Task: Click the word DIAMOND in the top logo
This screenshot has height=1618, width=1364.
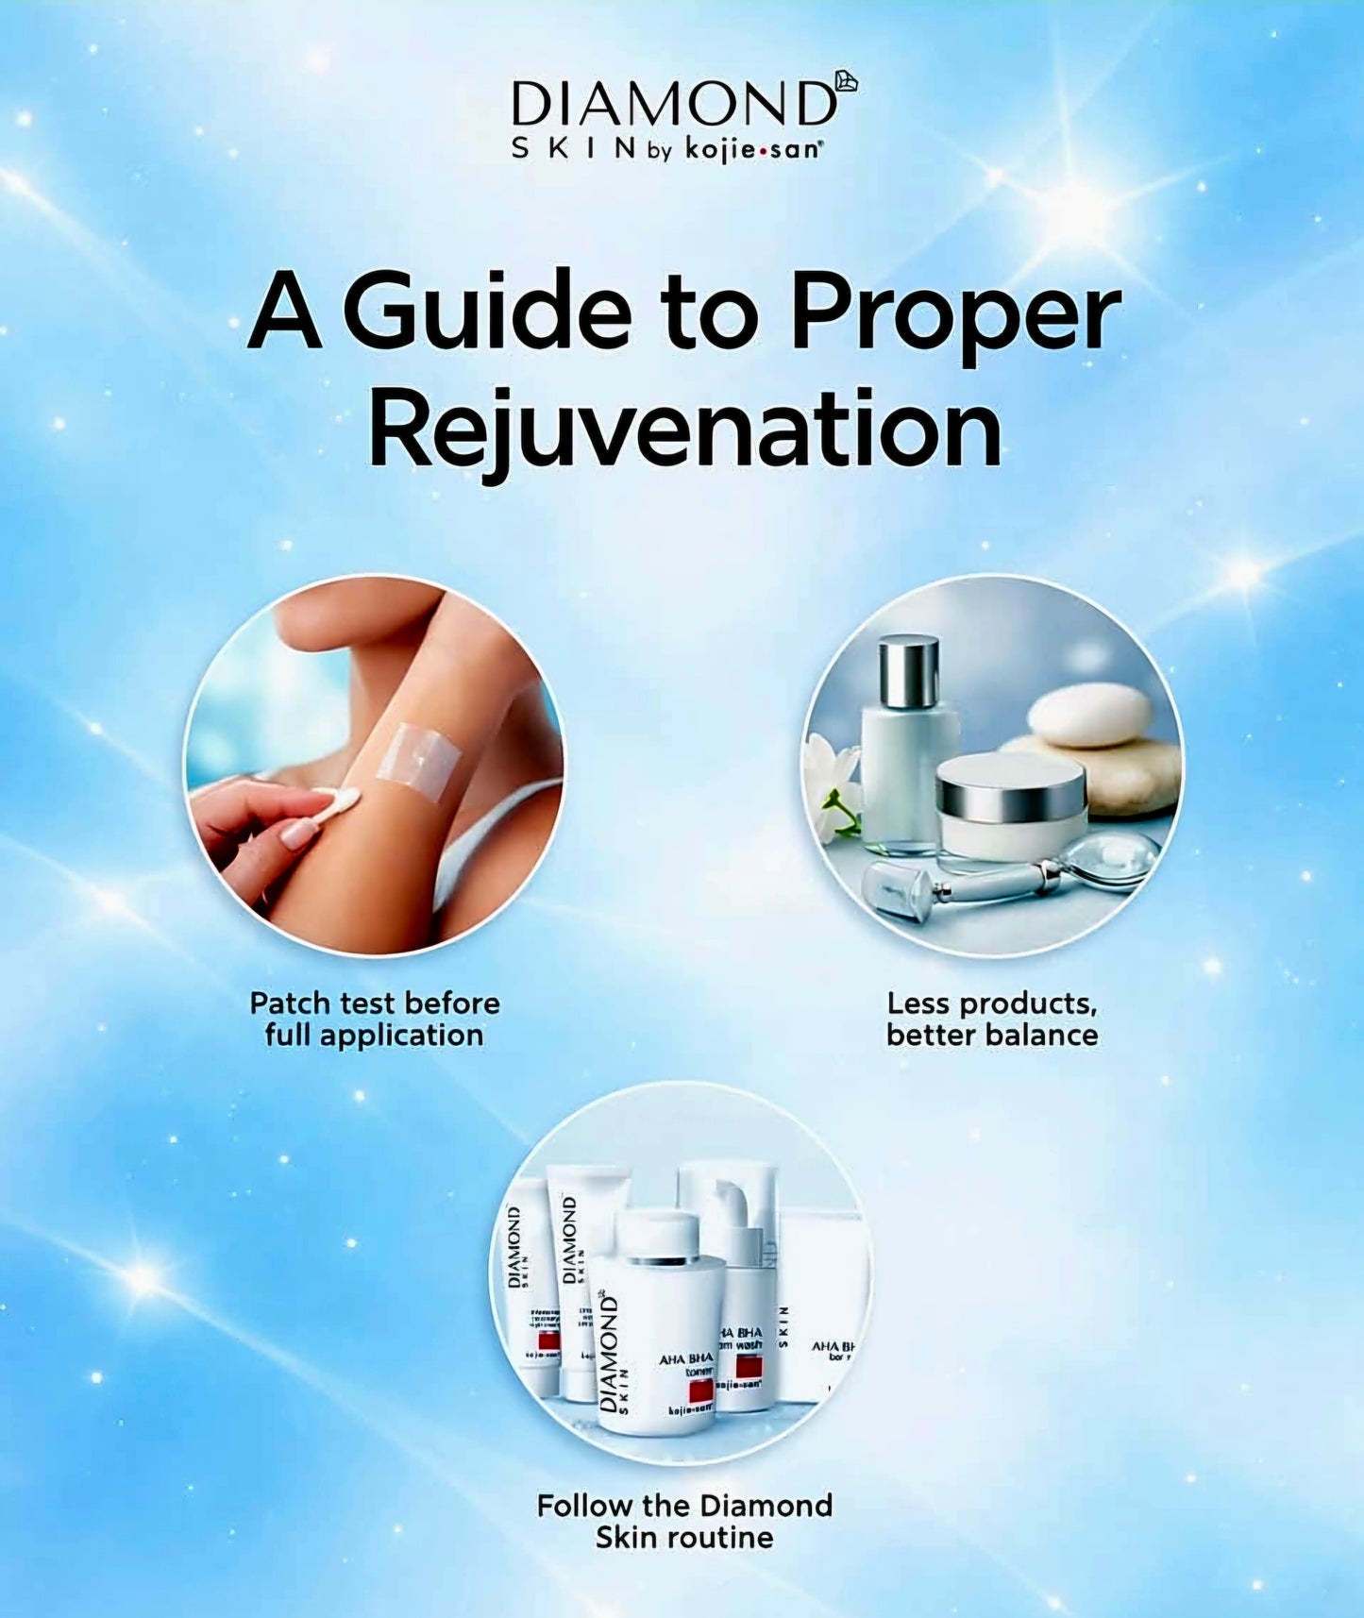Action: pyautogui.click(x=673, y=104)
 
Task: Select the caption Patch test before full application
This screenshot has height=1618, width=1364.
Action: pyautogui.click(x=375, y=1019)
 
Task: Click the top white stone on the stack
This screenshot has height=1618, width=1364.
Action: pyautogui.click(x=1088, y=714)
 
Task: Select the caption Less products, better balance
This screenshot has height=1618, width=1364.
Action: pyautogui.click(x=992, y=1019)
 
